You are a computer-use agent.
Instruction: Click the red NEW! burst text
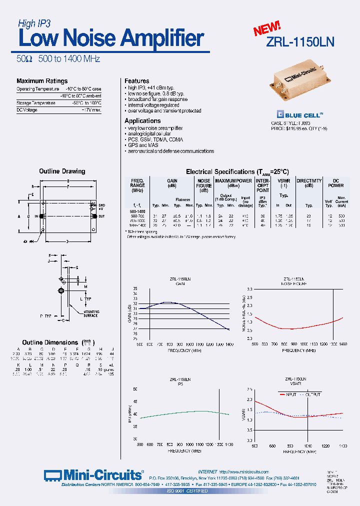tap(266, 28)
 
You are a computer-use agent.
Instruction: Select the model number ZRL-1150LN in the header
tap(300, 42)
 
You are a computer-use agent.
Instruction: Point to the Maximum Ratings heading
tap(42, 81)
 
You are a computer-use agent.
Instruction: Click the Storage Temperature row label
tap(36, 103)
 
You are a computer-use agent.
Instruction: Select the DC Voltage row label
tap(27, 110)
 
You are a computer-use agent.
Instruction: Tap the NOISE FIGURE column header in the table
tap(204, 185)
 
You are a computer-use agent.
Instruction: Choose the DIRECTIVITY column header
tap(308, 182)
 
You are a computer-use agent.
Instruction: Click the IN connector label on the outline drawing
tap(35, 216)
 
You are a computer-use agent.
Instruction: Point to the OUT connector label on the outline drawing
tap(101, 216)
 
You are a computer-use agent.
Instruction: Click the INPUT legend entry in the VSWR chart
tap(291, 394)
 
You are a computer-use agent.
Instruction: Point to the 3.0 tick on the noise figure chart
tap(248, 289)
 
